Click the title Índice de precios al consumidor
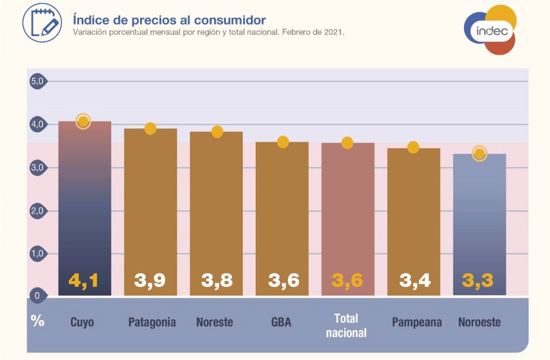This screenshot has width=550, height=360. coord(169,20)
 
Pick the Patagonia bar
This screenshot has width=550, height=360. coord(150,212)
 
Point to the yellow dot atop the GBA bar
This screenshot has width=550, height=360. coord(283,142)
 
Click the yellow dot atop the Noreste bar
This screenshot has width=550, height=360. coord(217,132)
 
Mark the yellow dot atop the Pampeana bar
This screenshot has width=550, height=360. coord(413,147)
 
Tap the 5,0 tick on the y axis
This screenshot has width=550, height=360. coord(37,81)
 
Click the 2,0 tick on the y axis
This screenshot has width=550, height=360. coord(37,211)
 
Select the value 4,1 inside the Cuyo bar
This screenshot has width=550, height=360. coord(84,280)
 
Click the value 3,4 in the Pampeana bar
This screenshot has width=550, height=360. coord(415,280)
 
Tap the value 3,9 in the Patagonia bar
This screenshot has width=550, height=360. coord(150,280)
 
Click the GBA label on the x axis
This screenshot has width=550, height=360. coord(281,322)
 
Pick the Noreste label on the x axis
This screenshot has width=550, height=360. coord(215,322)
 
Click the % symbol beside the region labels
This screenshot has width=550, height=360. coord(38,321)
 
